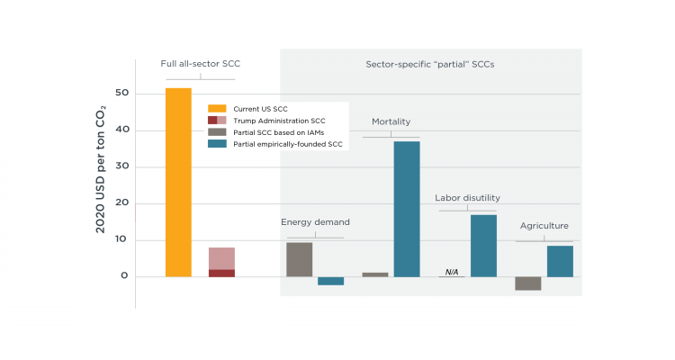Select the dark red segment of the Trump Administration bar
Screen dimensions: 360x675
pyautogui.click(x=221, y=273)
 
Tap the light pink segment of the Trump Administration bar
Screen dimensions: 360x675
pyautogui.click(x=221, y=258)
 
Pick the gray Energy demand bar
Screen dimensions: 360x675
pyautogui.click(x=299, y=259)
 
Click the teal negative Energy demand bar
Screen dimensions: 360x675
pyautogui.click(x=330, y=281)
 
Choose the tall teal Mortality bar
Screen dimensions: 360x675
pyautogui.click(x=406, y=209)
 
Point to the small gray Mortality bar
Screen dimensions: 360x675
pyautogui.click(x=375, y=274)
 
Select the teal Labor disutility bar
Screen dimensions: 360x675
pyautogui.click(x=483, y=245)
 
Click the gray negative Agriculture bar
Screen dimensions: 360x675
pyautogui.click(x=527, y=283)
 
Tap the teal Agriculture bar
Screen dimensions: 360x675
pyautogui.click(x=560, y=261)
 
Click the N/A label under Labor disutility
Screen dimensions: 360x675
pyautogui.click(x=452, y=271)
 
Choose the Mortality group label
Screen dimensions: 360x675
pyautogui.click(x=391, y=121)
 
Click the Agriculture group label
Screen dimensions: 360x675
pyautogui.click(x=544, y=226)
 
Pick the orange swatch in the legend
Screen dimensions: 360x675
pyautogui.click(x=217, y=109)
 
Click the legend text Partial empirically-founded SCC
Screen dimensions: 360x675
pyautogui.click(x=287, y=143)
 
